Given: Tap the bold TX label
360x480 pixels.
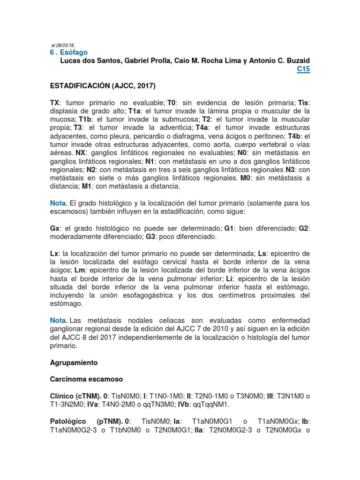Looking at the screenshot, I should (55, 102).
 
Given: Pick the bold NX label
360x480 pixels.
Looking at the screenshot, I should (81, 153).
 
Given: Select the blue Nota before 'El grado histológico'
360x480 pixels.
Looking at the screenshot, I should (59, 203).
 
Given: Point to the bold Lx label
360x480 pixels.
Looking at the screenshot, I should (54, 254).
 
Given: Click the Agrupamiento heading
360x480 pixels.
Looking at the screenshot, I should (74, 363).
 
